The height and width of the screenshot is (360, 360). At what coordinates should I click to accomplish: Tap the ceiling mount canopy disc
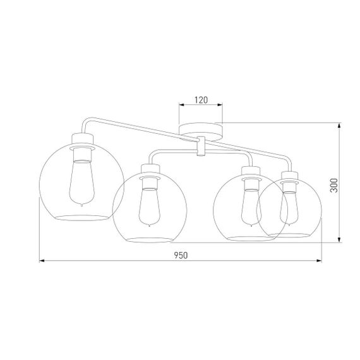click(201, 131)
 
